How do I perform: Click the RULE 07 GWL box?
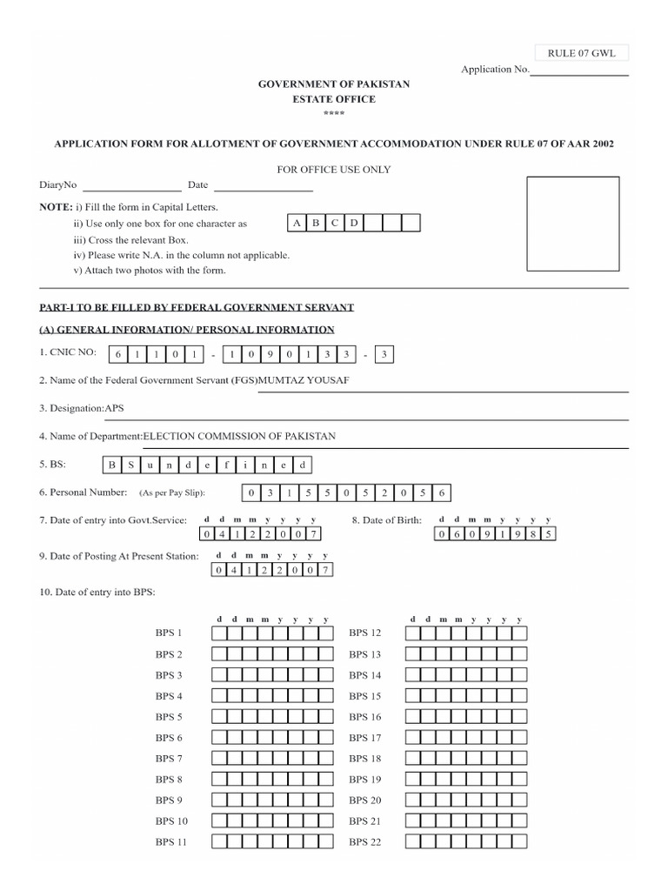pos(581,54)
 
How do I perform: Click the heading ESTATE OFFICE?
pos(334,99)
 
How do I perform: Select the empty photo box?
pos(573,224)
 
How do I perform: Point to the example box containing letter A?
pos(297,224)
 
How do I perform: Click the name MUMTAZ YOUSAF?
pos(304,380)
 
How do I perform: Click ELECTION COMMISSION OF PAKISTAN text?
pos(239,436)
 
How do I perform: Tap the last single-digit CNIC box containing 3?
pos(384,353)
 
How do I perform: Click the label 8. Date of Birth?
pos(386,520)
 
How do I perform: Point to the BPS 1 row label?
pos(169,633)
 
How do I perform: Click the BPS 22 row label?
pos(364,842)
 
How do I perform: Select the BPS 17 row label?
pos(364,738)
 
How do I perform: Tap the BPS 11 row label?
pos(171,842)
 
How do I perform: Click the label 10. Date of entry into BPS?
pos(97,592)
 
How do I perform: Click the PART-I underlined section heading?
pos(196,308)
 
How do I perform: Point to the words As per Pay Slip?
pos(171,493)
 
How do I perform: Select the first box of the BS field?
pos(111,465)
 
